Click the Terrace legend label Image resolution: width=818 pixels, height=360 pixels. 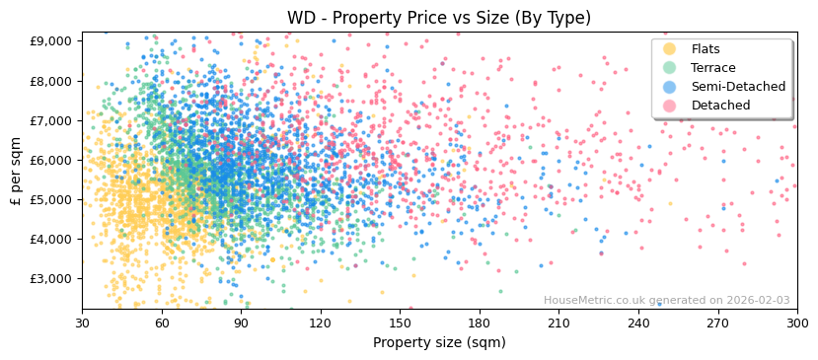(x=712, y=68)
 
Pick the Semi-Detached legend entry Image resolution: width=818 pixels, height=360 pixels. (x=731, y=87)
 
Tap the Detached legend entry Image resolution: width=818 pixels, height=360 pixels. (x=718, y=106)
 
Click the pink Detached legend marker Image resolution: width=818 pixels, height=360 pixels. (x=670, y=106)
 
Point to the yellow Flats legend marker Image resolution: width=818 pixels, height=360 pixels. (x=670, y=49)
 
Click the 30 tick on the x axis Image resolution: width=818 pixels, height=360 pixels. (x=82, y=323)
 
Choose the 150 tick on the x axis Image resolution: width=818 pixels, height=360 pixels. (x=400, y=323)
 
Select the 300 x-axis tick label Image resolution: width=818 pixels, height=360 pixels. (x=796, y=323)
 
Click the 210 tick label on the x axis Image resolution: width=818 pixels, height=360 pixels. (x=558, y=323)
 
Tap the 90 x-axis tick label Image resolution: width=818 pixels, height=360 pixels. (x=241, y=323)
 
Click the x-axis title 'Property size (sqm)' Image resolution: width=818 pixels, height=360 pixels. (x=439, y=343)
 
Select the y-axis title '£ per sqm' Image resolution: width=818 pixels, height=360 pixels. (x=16, y=171)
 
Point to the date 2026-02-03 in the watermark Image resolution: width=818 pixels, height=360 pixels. (x=757, y=301)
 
